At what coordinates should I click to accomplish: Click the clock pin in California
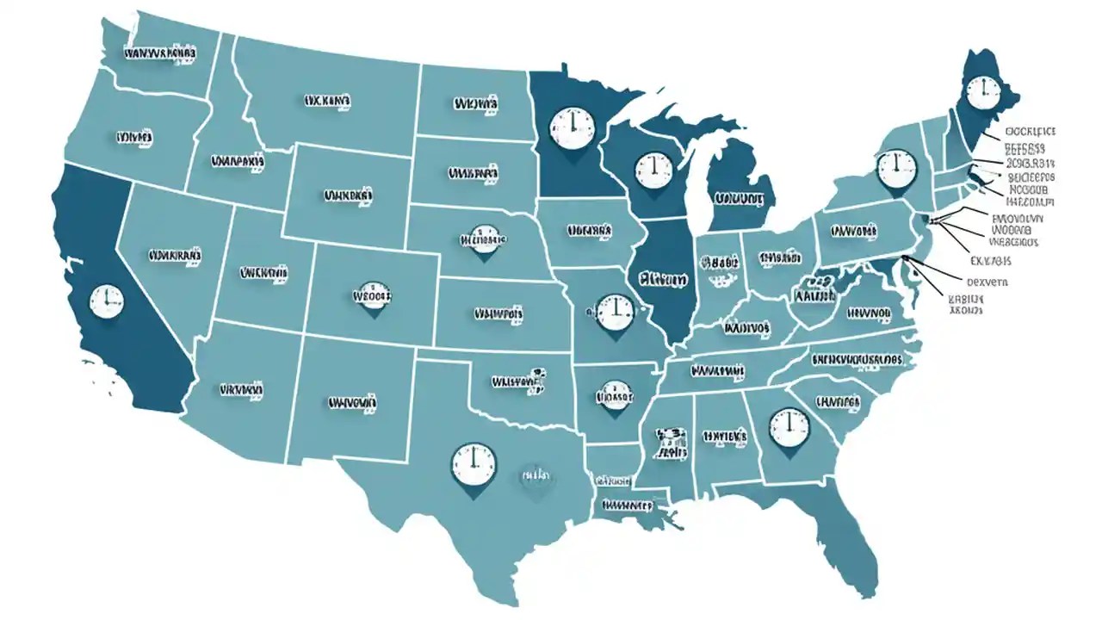pyautogui.click(x=107, y=301)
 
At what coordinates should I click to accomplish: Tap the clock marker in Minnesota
pyautogui.click(x=571, y=126)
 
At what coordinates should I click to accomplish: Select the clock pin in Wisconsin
pyautogui.click(x=653, y=170)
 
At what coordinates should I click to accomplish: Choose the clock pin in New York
pyautogui.click(x=896, y=166)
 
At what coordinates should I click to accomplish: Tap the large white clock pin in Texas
pyautogui.click(x=474, y=465)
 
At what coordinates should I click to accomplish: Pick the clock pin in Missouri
pyautogui.click(x=614, y=311)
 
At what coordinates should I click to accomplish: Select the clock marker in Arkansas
pyautogui.click(x=614, y=396)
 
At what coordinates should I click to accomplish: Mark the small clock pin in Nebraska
pyautogui.click(x=483, y=240)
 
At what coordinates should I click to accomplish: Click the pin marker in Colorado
pyautogui.click(x=373, y=297)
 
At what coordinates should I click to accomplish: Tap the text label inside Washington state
pyautogui.click(x=160, y=53)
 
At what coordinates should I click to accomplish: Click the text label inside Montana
pyautogui.click(x=328, y=102)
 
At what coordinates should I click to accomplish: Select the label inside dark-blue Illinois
pyautogui.click(x=664, y=280)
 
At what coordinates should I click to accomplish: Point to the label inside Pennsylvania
pyautogui.click(x=854, y=231)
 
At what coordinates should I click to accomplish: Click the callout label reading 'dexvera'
pyautogui.click(x=987, y=282)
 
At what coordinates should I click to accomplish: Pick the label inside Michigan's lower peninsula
pyautogui.click(x=739, y=199)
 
